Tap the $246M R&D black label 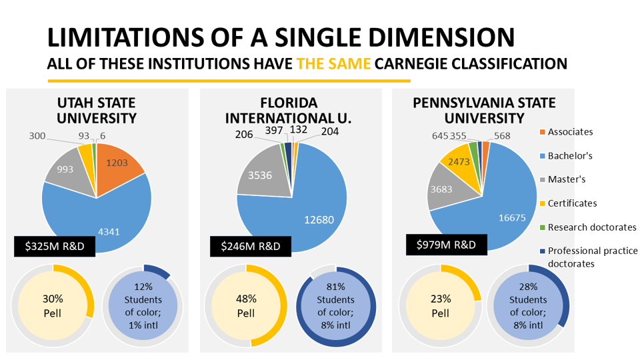click(x=251, y=246)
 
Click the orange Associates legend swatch click(x=542, y=132)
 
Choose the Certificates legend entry click(x=572, y=203)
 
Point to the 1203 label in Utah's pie click(x=117, y=161)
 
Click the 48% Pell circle click(x=245, y=305)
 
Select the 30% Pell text click(x=52, y=305)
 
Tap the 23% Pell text click(x=440, y=305)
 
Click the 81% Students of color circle click(x=336, y=305)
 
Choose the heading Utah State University click(x=96, y=111)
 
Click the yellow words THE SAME click(x=333, y=65)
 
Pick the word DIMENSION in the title click(x=428, y=37)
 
